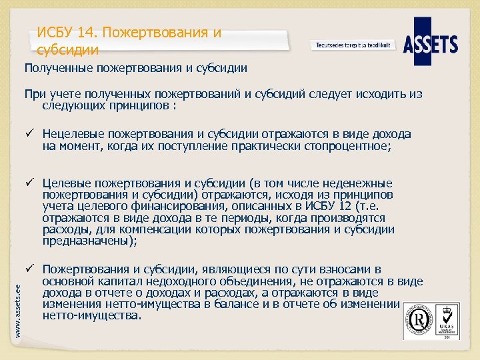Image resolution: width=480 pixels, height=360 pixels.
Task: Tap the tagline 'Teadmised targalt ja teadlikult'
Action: point(353,45)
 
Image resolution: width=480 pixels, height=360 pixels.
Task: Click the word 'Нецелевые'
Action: point(73,134)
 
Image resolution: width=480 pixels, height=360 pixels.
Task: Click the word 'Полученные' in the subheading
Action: point(57,67)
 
